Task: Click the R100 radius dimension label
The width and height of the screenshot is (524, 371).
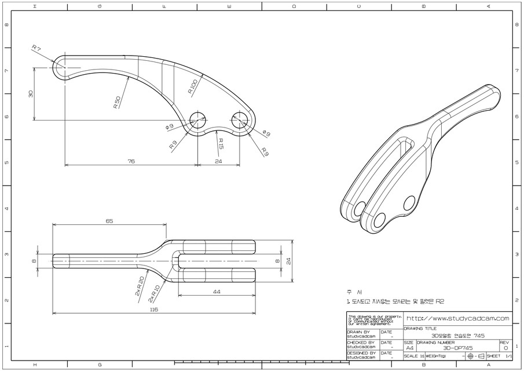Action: coord(193,87)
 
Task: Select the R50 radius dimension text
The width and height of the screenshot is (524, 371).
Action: coord(118,103)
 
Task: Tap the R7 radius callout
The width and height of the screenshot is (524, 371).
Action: coord(36,48)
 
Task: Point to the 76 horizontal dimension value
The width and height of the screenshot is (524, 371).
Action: coord(131,161)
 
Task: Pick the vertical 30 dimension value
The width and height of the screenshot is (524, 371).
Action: coord(31,93)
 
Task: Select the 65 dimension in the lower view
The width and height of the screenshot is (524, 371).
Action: coord(109,221)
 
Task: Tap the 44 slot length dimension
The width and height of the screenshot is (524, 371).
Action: coord(217,291)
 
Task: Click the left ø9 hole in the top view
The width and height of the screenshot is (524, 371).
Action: coord(198,120)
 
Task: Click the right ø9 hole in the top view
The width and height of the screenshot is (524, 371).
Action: coord(240,120)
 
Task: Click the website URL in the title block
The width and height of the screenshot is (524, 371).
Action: coord(457,318)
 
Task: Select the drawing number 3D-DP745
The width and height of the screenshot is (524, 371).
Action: coord(457,348)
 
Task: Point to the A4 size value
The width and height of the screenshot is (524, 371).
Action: coord(409,348)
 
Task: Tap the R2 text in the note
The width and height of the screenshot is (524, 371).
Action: coord(440,301)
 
